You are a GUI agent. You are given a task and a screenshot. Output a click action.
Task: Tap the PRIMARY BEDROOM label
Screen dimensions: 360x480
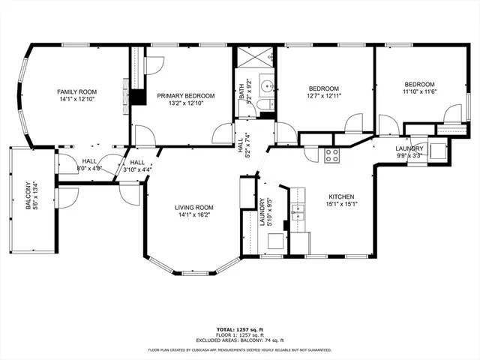coord(185,96)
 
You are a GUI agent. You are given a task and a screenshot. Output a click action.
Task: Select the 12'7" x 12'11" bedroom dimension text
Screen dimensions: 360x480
coord(324,96)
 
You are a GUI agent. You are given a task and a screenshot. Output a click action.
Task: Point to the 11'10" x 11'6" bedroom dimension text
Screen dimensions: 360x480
coord(419,91)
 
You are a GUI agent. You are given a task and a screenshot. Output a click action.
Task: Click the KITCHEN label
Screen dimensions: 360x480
coord(340,196)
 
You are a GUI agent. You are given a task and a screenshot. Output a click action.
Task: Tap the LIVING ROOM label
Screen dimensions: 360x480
coord(194,208)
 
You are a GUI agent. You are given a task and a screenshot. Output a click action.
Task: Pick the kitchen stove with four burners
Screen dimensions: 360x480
coord(331,155)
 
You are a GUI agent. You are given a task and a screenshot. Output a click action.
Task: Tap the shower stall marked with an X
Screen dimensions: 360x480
coord(256,57)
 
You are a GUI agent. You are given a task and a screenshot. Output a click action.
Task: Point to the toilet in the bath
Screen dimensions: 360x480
coord(263,106)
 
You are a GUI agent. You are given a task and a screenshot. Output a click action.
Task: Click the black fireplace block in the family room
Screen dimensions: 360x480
coord(137,97)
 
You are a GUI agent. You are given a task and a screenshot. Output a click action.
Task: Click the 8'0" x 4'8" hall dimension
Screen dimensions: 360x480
coord(89,169)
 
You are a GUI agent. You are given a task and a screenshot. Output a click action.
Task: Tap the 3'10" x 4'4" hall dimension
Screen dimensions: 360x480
coord(137,169)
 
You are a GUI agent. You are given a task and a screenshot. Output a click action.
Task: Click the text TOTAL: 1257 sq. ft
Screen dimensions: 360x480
coord(240,329)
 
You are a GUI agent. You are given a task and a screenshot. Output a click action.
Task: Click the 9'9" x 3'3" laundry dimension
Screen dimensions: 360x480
coord(410,156)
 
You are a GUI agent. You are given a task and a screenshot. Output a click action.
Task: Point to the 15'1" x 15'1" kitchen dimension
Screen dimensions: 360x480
coord(340,204)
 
